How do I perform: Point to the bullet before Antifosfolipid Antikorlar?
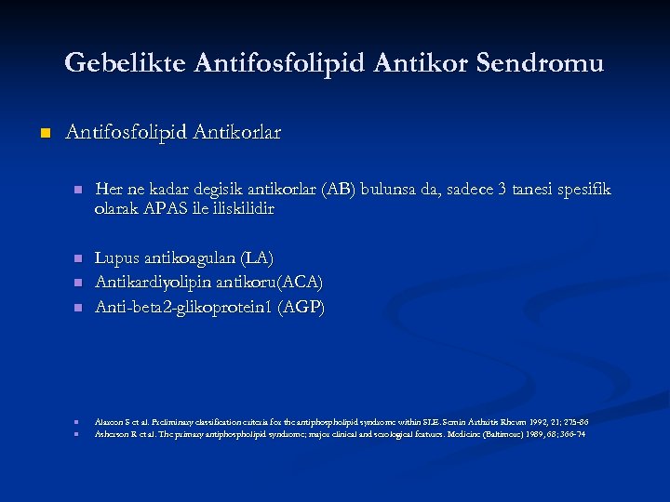[x=43, y=134]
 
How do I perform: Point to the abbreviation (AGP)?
[x=303, y=307]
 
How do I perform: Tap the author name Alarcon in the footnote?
[x=109, y=421]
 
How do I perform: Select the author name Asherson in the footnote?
[x=112, y=434]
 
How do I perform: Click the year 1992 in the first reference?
[x=526, y=421]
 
